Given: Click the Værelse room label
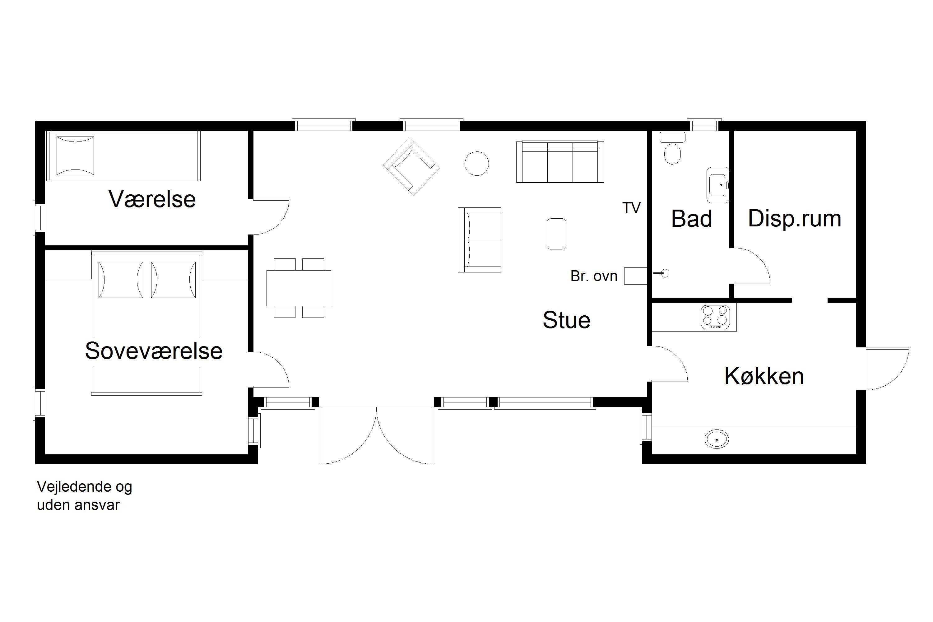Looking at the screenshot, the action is [x=152, y=199].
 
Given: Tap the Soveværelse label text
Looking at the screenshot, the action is [x=154, y=351].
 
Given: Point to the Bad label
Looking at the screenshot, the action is [x=691, y=219].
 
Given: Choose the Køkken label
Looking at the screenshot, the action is [x=764, y=376].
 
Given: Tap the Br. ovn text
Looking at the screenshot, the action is [x=594, y=276].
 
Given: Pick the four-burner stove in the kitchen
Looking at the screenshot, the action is [x=715, y=317].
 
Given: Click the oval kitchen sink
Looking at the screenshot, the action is [x=717, y=439].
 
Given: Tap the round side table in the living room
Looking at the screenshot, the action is [x=476, y=164].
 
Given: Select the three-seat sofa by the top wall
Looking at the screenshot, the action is [x=560, y=161].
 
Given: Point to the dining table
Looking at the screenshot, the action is [x=299, y=288].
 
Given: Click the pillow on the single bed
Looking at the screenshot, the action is [x=75, y=156].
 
